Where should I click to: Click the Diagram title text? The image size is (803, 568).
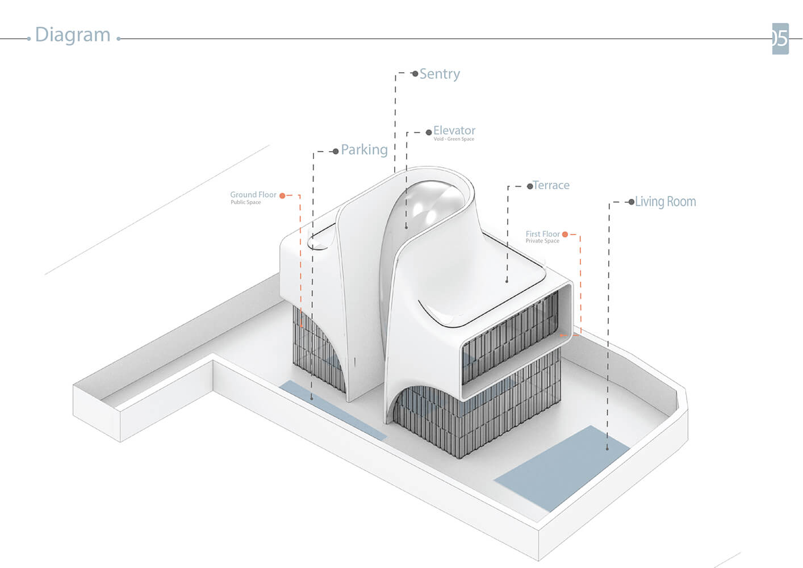(73, 35)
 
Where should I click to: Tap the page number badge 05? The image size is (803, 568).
(780, 39)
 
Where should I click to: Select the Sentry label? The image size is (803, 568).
(440, 74)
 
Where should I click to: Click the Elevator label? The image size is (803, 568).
(454, 130)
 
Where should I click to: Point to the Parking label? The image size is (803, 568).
(364, 149)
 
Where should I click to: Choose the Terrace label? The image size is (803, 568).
(551, 185)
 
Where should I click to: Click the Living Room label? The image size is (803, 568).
(666, 202)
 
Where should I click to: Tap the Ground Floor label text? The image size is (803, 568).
(253, 194)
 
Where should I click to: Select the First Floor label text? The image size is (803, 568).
(542, 234)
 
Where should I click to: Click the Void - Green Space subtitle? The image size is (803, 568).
(454, 139)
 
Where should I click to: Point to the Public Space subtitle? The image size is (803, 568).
(245, 202)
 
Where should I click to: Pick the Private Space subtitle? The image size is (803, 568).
(542, 241)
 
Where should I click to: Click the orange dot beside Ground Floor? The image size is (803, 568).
(282, 195)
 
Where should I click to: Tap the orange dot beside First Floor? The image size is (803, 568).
(565, 234)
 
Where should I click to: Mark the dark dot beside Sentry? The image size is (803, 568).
(415, 74)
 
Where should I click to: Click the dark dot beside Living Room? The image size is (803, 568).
(631, 202)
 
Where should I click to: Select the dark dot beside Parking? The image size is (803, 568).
(336, 151)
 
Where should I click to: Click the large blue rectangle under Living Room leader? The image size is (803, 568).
(562, 468)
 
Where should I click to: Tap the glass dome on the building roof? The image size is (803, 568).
(426, 229)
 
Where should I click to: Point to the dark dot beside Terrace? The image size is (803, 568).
(530, 186)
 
